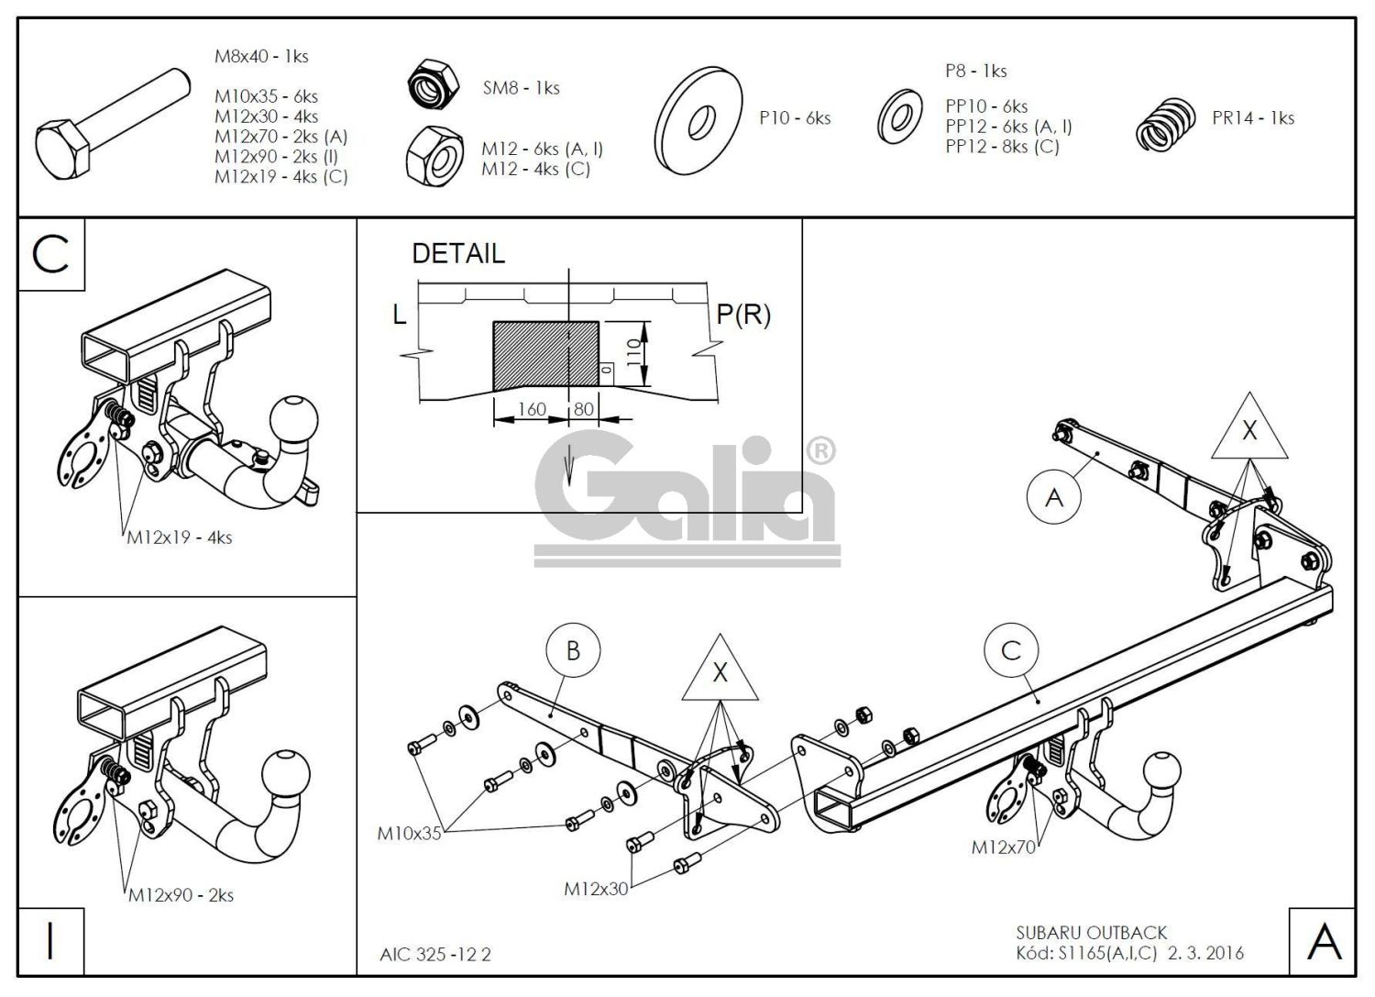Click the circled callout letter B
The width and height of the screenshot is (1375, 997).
pyautogui.click(x=573, y=651)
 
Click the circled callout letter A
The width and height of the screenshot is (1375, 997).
pyautogui.click(x=1054, y=497)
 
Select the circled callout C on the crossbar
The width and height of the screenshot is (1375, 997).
pyautogui.click(x=1011, y=651)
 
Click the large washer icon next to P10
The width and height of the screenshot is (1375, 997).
pyautogui.click(x=701, y=118)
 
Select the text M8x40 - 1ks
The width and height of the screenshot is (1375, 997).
pyautogui.click(x=261, y=56)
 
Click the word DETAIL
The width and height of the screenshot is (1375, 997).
pyautogui.click(x=458, y=254)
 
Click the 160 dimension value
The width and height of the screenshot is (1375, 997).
pyautogui.click(x=531, y=409)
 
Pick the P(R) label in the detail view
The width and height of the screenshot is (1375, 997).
pyautogui.click(x=742, y=315)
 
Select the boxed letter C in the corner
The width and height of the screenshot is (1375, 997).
pyautogui.click(x=50, y=254)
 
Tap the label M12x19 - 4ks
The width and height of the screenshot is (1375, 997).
pyautogui.click(x=179, y=537)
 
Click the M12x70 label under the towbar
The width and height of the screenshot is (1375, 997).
pyautogui.click(x=1003, y=847)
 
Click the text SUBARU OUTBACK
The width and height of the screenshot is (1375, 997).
pyautogui.click(x=1091, y=933)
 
